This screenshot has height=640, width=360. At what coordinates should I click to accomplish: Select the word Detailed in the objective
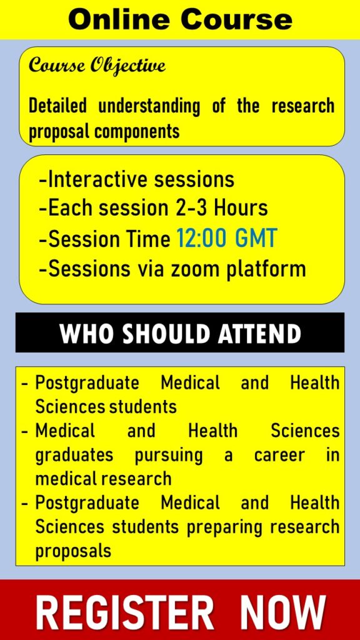(x=57, y=106)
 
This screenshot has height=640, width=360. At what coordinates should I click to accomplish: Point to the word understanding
(x=149, y=107)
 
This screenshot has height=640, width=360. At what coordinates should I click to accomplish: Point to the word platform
(x=266, y=270)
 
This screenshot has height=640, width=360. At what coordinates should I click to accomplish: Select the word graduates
(x=74, y=456)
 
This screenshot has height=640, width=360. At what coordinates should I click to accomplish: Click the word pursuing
(x=169, y=456)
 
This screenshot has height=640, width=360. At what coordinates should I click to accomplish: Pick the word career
(x=279, y=456)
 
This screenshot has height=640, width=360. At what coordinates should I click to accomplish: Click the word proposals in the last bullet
(x=74, y=551)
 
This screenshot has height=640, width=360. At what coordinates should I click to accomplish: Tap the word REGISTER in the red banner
(x=125, y=612)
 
